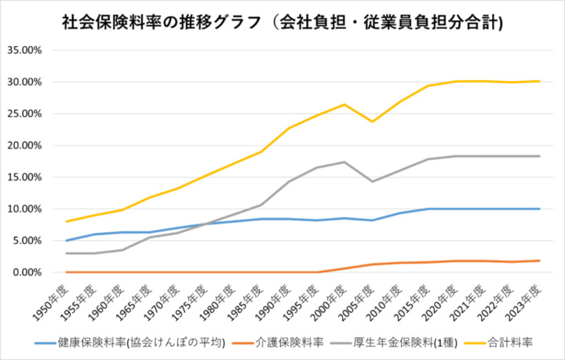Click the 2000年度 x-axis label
click(334, 297)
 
